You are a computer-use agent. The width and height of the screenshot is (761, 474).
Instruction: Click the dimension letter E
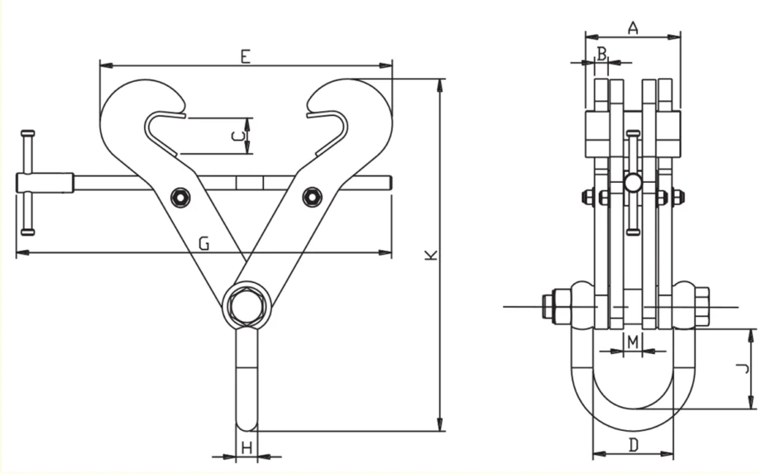pos(246,57)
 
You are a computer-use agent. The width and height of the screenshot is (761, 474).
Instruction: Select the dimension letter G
pos(204,243)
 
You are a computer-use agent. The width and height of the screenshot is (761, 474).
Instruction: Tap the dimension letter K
pos(430,255)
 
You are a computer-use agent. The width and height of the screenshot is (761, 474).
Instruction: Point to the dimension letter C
pos(237,136)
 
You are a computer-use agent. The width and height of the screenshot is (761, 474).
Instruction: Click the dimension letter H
pos(247,448)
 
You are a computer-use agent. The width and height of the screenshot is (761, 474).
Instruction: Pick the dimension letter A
pos(633,28)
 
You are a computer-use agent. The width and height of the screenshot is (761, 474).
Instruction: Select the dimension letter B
pos(601,54)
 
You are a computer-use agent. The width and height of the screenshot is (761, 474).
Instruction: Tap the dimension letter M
pos(633,342)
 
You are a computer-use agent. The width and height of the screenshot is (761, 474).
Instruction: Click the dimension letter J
pos(743,369)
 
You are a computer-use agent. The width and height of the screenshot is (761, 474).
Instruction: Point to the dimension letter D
pos(634,445)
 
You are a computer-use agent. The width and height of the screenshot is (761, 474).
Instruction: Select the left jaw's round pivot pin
pos(180,198)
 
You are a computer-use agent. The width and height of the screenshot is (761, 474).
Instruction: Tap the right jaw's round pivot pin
pos(312,197)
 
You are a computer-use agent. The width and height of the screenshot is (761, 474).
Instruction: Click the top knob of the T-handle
pos(27,133)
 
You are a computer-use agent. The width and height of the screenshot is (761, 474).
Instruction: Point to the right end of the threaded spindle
pos(390,183)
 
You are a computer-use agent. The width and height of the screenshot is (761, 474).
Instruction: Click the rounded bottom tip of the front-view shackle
pos(246,426)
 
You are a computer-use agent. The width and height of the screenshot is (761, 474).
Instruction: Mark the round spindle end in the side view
pos(633,183)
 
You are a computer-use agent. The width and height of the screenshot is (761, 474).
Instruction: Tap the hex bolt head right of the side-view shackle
pos(701,307)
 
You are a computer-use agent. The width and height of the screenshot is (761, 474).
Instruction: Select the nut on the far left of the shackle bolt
pos(547,307)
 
